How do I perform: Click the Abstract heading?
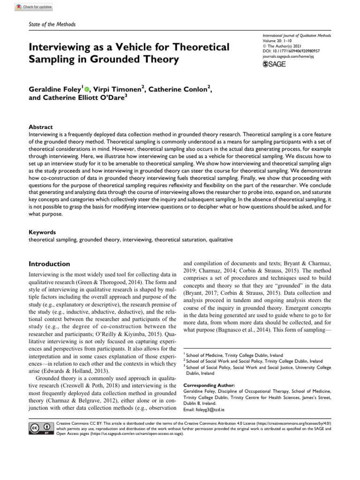click(x=41, y=127)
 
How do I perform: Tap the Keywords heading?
click(x=43, y=232)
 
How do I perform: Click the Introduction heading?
click(x=49, y=264)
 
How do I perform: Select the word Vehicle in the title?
click(x=139, y=47)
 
